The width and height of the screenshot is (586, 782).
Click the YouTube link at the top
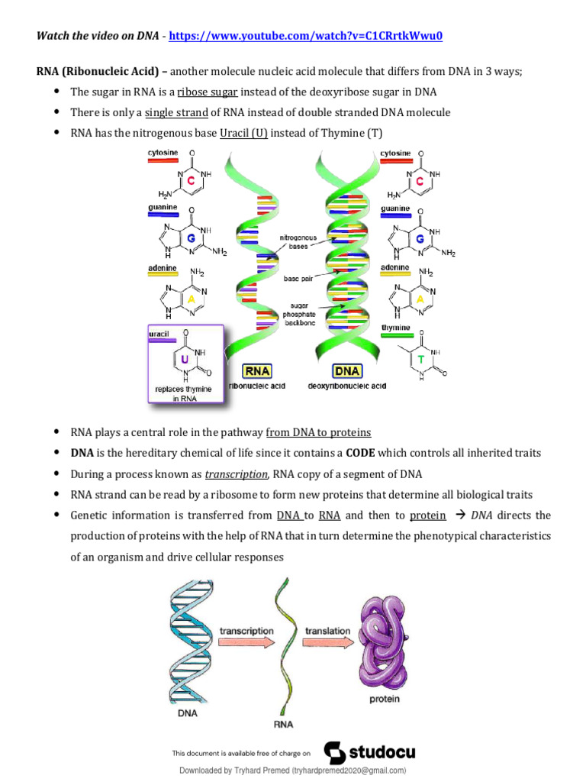point(305,36)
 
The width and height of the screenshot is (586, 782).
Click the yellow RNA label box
point(256,371)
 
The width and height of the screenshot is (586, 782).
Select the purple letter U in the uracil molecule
point(184,357)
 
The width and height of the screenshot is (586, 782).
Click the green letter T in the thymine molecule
point(421,357)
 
